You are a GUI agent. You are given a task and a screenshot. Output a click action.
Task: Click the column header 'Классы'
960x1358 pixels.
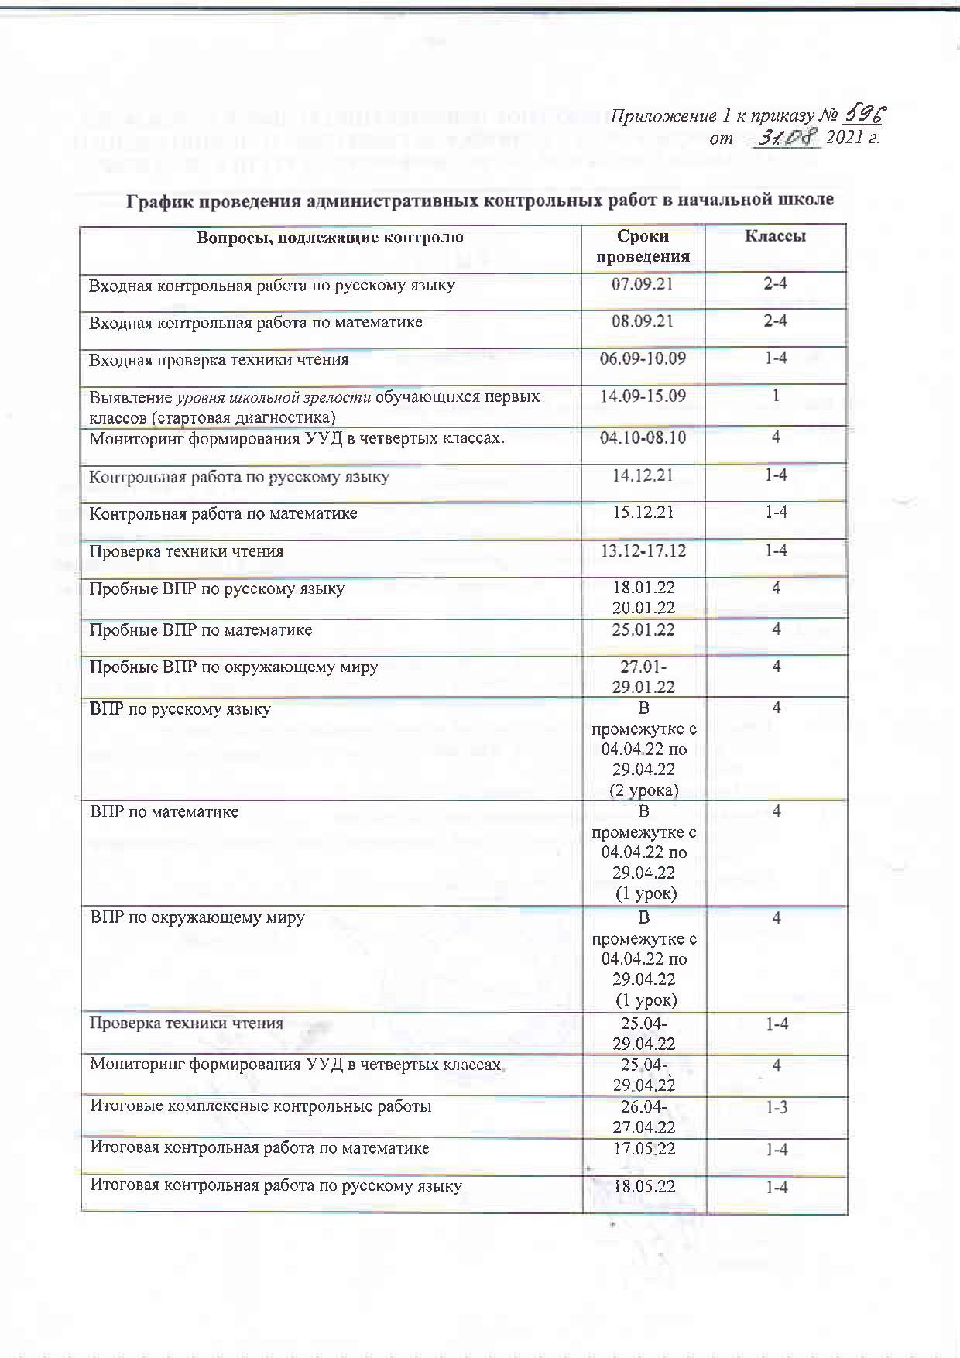pyautogui.click(x=775, y=236)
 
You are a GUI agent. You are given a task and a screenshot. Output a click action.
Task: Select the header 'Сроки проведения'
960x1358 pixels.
pyautogui.click(x=643, y=246)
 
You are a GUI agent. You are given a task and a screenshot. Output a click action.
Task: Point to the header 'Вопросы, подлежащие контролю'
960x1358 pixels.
pyautogui.click(x=330, y=237)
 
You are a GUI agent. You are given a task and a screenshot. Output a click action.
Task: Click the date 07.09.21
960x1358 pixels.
pyautogui.click(x=643, y=283)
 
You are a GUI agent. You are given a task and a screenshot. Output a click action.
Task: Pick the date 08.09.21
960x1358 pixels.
pyautogui.click(x=643, y=321)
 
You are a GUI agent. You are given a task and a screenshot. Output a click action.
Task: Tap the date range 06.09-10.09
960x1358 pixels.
pyautogui.click(x=643, y=358)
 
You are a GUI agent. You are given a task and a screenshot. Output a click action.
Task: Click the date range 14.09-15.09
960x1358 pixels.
pyautogui.click(x=643, y=396)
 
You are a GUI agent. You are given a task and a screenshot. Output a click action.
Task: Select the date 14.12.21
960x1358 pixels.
pyautogui.click(x=643, y=475)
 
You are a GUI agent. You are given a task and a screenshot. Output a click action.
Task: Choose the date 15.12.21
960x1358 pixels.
pyautogui.click(x=643, y=512)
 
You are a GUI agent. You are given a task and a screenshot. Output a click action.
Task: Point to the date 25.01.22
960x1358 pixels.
pyautogui.click(x=643, y=629)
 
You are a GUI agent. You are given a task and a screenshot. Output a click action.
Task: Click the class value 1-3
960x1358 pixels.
pyautogui.click(x=777, y=1107)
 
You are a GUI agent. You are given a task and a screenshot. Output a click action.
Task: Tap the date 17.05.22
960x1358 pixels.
pyautogui.click(x=644, y=1148)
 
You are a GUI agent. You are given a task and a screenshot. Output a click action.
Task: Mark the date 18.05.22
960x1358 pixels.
pyautogui.click(x=644, y=1186)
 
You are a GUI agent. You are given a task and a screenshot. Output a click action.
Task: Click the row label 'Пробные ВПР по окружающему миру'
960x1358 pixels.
pyautogui.click(x=234, y=667)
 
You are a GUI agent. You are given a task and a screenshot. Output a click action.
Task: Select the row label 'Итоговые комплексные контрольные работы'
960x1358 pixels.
pyautogui.click(x=261, y=1106)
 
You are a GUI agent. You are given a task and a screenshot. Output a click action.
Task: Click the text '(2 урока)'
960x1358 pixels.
pyautogui.click(x=644, y=790)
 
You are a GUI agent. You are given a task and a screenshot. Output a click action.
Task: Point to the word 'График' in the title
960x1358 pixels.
pyautogui.click(x=159, y=200)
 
